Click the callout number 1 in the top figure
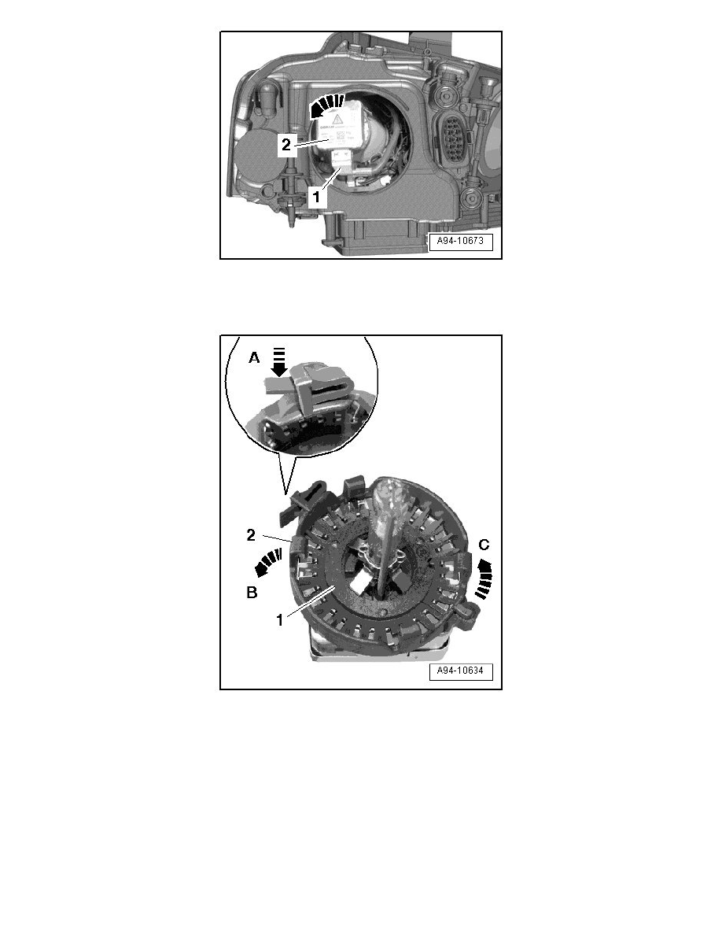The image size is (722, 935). tap(316, 198)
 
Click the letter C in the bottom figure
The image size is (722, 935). tap(484, 544)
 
